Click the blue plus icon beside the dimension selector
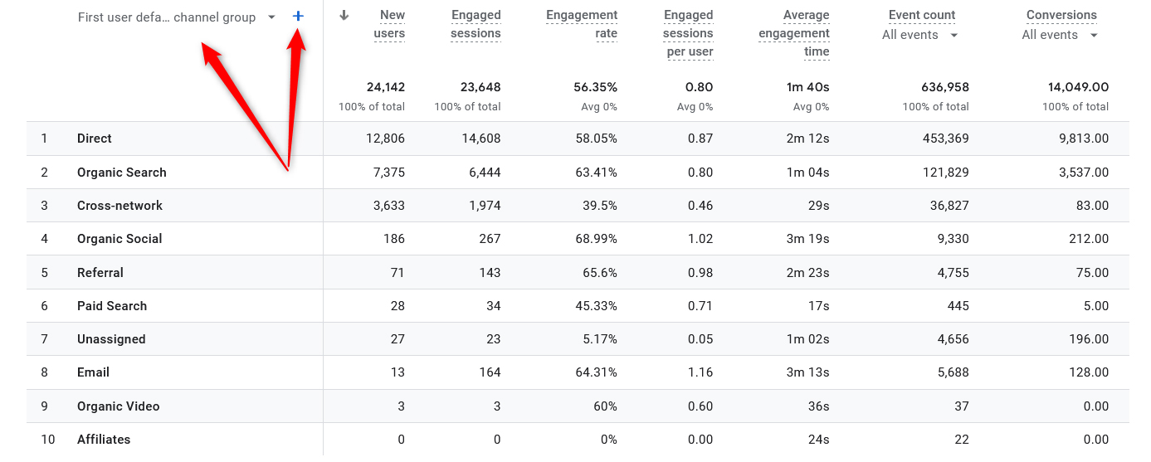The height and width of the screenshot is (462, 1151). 298,17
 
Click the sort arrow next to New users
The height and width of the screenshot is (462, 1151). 344,16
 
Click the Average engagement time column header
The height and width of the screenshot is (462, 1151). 794,33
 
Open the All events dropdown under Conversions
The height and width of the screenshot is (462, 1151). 1060,35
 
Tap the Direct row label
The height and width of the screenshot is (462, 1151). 95,139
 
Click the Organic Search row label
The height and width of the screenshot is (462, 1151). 121,173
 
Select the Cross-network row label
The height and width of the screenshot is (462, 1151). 119,206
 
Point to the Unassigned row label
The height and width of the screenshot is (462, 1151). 111,339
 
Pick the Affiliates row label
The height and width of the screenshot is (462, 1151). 104,440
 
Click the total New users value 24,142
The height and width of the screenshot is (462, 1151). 385,87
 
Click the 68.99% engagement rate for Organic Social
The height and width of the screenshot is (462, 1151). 596,239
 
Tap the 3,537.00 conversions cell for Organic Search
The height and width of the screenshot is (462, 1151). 1077,173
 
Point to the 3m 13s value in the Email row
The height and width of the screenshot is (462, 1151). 807,372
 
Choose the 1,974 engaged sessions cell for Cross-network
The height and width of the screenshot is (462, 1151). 485,206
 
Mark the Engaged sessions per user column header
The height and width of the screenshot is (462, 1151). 688,33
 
